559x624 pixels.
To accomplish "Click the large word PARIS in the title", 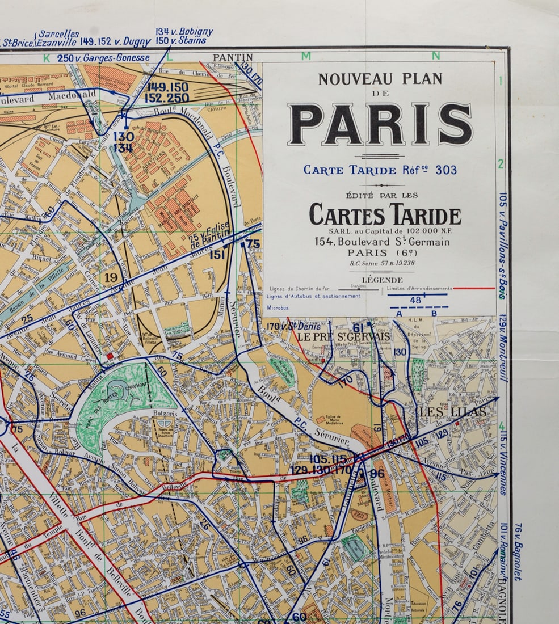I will pos(380,124).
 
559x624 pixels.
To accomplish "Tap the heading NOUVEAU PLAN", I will pos(380,79).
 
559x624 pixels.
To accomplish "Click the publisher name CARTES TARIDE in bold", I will pos(385,216).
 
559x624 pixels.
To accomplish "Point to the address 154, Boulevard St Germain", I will pos(382,242).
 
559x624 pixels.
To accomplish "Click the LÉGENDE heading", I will pos(382,280).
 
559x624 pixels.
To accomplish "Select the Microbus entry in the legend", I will pos(278,307).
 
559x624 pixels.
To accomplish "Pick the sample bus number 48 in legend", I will pos(415,300).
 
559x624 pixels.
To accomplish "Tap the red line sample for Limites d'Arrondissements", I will pos(474,288).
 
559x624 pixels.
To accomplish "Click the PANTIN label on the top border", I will pos(233,57).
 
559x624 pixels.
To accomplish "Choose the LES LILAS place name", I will pos(452,411).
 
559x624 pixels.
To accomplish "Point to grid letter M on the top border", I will pos(306,56).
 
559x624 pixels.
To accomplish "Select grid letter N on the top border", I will pos(436,56).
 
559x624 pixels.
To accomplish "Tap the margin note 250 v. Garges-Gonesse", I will pos(103,58).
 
